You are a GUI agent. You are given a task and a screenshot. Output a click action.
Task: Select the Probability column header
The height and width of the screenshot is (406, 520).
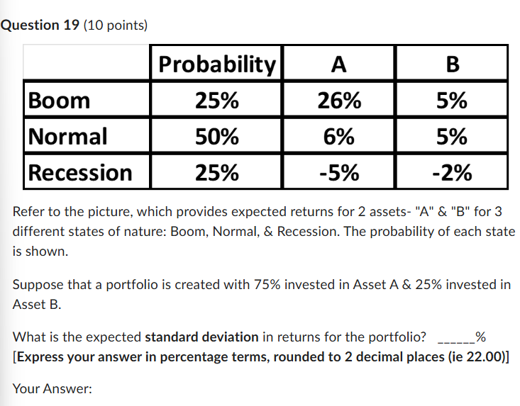pos(216,64)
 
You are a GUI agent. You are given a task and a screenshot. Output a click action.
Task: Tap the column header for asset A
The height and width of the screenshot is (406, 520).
pos(339,64)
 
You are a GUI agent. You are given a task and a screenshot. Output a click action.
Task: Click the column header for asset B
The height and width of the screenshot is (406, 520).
pos(452,64)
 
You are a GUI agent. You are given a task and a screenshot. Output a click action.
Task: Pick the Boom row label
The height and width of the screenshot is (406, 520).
pos(60,100)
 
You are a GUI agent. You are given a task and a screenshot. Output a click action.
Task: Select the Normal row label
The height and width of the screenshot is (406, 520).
pos(68,136)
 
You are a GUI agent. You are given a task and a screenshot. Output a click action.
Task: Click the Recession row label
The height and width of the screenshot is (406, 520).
pos(80,172)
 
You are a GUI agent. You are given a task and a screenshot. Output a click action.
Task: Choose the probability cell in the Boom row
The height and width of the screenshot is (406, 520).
pos(216,100)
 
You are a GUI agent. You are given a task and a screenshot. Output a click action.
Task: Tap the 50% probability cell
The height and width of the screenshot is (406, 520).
pos(216,136)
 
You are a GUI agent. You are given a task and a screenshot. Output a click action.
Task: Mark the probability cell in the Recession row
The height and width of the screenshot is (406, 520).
pos(216,172)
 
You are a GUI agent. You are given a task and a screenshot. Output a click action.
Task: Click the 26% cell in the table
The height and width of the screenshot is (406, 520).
pos(339,100)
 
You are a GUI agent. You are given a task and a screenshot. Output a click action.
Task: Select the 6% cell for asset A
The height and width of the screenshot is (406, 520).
pos(339,136)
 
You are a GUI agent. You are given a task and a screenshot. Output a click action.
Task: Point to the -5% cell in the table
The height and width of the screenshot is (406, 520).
pos(339,172)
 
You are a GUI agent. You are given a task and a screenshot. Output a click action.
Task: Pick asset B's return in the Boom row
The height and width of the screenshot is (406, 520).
pos(452,100)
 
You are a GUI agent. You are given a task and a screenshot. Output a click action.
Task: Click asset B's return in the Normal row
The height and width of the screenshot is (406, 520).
pos(452,136)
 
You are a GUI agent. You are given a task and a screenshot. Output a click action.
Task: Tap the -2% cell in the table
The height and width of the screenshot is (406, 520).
pos(452,172)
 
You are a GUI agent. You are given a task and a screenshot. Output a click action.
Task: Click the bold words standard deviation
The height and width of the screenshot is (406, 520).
pos(202,337)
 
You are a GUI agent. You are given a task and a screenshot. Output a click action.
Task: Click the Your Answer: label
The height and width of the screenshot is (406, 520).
pos(52,389)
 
